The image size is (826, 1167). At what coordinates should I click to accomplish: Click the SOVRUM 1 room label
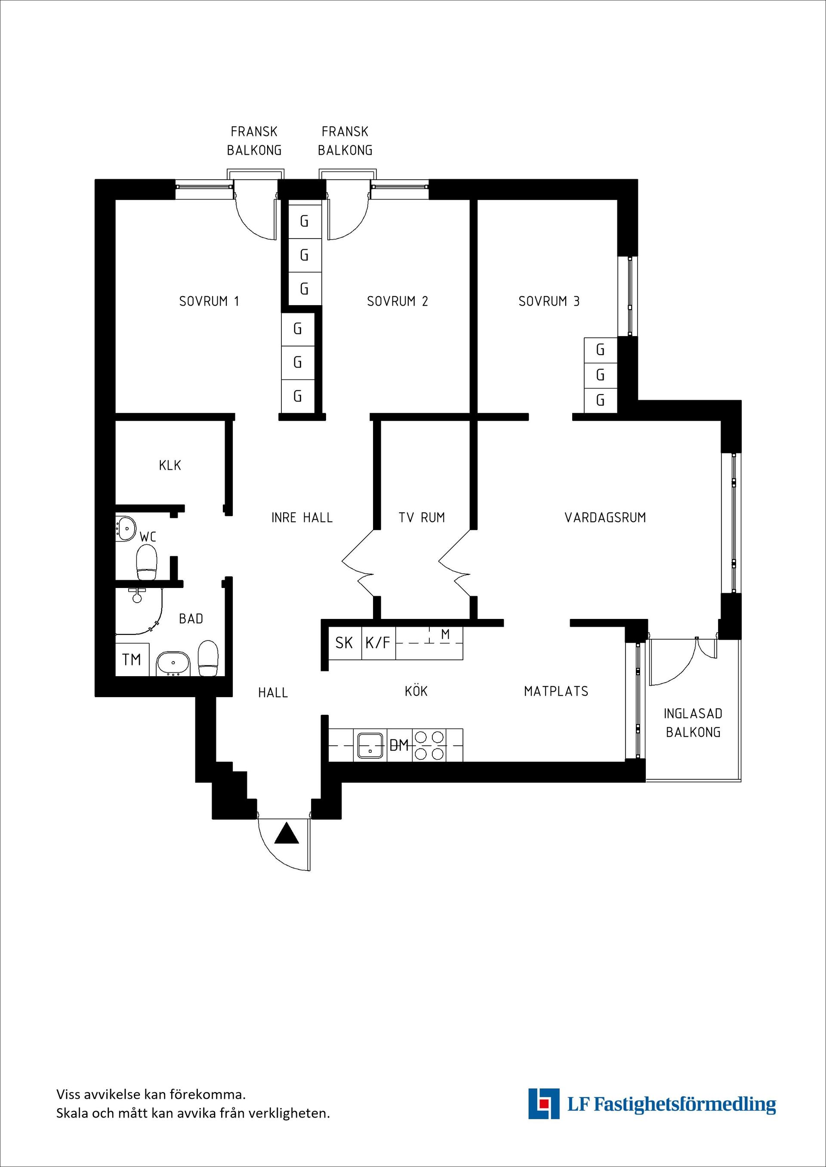(x=209, y=301)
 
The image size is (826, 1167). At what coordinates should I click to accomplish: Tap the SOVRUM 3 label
(x=549, y=301)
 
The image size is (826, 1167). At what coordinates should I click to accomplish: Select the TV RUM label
(x=422, y=518)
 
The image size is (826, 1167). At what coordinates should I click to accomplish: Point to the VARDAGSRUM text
(x=605, y=518)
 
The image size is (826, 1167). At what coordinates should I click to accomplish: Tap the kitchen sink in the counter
(x=370, y=745)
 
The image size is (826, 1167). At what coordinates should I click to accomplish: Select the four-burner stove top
(x=429, y=745)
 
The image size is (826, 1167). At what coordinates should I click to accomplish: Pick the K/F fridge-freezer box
(x=379, y=643)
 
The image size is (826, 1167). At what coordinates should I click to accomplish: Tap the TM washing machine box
(x=132, y=659)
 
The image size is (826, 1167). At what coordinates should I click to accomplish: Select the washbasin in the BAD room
(x=173, y=663)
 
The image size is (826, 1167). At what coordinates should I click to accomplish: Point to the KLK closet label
(x=170, y=465)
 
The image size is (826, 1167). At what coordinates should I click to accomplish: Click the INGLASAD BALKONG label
(x=693, y=723)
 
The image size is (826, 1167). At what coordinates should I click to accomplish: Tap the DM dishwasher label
(x=399, y=746)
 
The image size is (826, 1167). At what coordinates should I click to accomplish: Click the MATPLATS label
(x=556, y=691)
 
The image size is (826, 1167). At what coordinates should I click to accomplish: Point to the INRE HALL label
(x=302, y=518)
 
